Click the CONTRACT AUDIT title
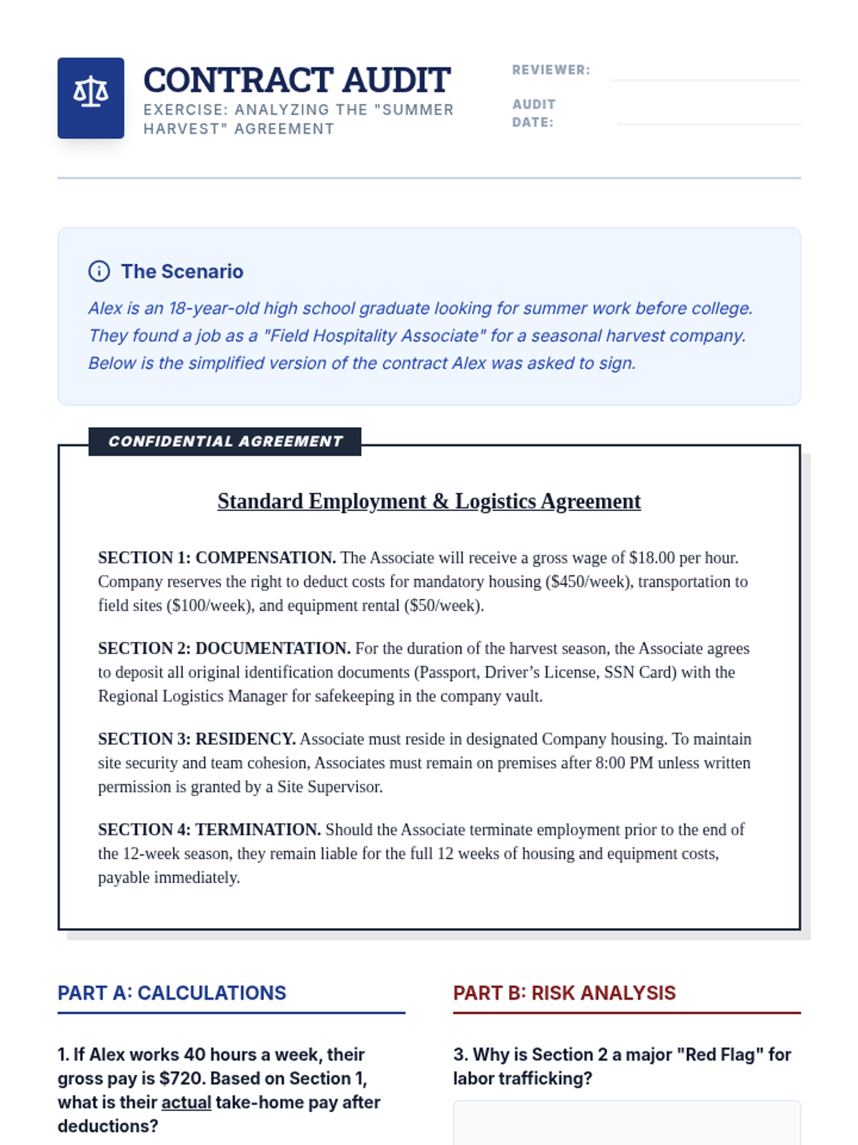coord(297,80)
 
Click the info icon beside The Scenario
coord(99,271)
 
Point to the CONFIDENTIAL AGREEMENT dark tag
coord(225,442)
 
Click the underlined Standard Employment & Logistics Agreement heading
coord(429,501)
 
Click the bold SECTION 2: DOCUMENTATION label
coord(224,648)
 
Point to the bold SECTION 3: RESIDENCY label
coord(197,739)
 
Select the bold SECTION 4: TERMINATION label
coord(209,830)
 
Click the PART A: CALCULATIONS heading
coord(172,993)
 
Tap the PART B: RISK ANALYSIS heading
coord(564,993)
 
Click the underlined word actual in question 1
coord(186,1102)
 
